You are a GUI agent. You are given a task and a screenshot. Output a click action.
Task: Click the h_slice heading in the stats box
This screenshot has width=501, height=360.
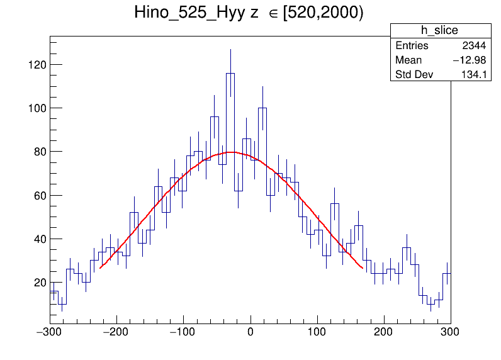pos(440,31)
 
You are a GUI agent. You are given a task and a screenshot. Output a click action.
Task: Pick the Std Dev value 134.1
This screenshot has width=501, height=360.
pos(475,76)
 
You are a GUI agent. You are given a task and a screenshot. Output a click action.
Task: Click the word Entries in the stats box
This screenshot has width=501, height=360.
pos(412,46)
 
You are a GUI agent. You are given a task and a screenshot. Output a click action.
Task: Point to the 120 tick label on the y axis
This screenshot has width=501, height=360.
pos(36,65)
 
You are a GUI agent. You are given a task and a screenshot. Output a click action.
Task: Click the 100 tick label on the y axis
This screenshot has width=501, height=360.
pos(36,108)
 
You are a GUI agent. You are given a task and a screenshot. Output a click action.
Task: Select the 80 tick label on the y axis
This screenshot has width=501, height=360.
pos(38,152)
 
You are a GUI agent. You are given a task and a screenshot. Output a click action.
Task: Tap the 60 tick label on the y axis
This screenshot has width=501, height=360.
pos(38,195)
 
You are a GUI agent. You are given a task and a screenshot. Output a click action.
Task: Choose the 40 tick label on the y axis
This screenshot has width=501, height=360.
pos(38,239)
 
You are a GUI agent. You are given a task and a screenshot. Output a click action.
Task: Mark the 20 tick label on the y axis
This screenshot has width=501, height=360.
pos(38,283)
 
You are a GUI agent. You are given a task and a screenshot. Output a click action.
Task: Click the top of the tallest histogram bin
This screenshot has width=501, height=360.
pos(230,73)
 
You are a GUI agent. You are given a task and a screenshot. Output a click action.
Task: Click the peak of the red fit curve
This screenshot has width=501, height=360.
pos(231,152)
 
